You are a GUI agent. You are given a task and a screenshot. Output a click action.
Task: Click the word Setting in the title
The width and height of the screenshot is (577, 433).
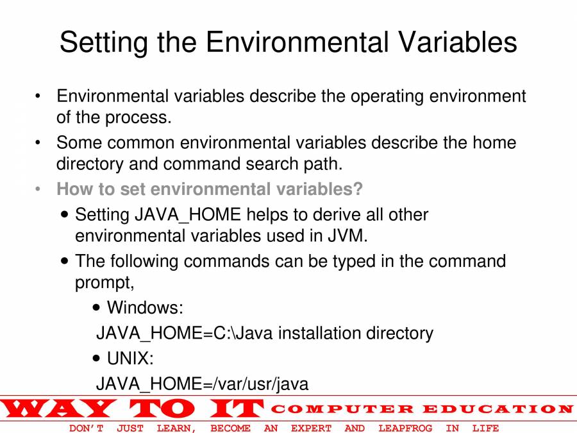tap(103, 42)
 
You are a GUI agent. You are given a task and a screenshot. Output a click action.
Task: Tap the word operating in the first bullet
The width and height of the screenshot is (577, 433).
tap(387, 96)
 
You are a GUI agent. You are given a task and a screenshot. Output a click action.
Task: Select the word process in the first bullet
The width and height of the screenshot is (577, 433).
tap(138, 118)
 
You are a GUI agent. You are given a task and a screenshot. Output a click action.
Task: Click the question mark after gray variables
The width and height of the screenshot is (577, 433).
tap(358, 189)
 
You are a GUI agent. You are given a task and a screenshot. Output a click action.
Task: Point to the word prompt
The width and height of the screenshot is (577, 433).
tap(105, 283)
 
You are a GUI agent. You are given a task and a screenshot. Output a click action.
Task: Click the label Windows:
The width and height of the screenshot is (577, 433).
tap(145, 307)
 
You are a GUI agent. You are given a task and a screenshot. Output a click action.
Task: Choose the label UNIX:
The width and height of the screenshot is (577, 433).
tap(130, 358)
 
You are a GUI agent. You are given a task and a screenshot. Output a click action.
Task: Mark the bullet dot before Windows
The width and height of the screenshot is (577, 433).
tap(96, 307)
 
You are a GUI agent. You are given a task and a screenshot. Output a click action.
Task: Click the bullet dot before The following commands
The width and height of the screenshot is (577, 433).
tap(65, 261)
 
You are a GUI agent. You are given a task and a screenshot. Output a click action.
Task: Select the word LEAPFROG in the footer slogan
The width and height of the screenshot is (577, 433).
tap(405, 429)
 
